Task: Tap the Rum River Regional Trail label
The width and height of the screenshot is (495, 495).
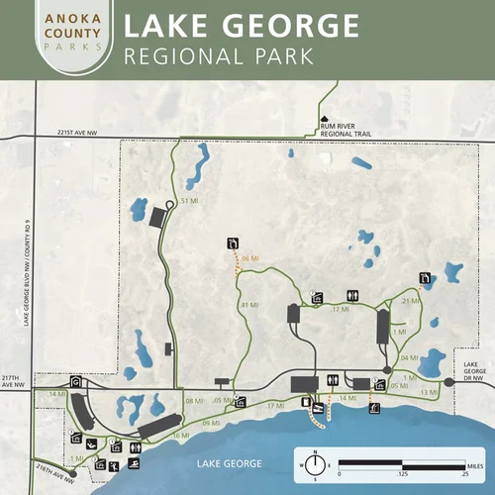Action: coord(343,123)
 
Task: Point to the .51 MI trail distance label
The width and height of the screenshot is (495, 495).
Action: coord(190,200)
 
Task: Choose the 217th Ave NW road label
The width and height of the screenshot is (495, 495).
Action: coord(11,382)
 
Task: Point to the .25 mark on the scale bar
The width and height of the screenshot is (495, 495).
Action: coord(465,474)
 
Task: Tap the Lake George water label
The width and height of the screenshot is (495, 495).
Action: coord(229,463)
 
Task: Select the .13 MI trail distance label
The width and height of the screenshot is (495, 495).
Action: coord(428,393)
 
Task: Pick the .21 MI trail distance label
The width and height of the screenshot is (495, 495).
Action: coord(412,300)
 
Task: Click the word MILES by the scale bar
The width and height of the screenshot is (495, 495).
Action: coord(478,463)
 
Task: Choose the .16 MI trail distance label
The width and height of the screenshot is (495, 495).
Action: coord(179,436)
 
